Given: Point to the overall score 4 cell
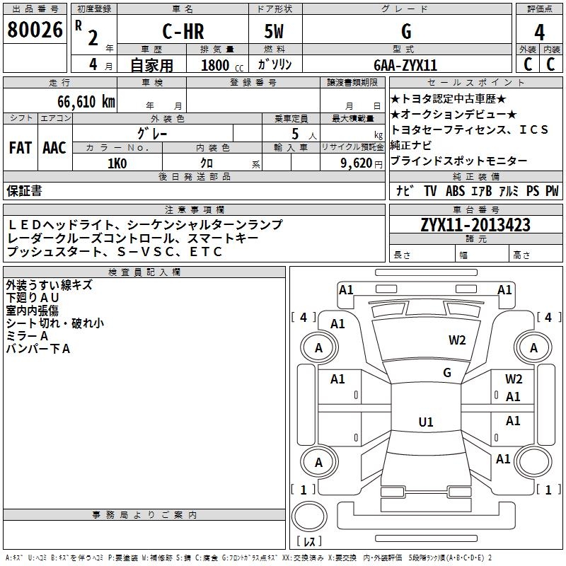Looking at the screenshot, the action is coord(539,33).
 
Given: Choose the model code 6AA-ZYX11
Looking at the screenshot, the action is coord(405,64).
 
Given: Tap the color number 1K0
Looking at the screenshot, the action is coord(117,163).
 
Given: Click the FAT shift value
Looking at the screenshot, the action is coord(21,147).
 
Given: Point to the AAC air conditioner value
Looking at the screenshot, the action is coord(54,147).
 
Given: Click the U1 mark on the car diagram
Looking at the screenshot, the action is coord(426,422).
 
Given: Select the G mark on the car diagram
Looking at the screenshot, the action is coord(446,373).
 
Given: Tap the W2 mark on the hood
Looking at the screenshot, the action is coord(457,340).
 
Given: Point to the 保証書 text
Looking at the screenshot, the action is coord(24,191).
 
